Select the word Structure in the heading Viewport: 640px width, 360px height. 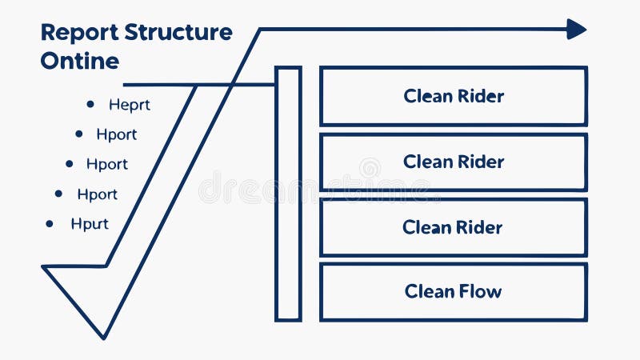[x=178, y=33]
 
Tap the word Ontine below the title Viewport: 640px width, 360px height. [x=79, y=61]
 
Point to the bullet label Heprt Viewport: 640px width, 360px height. [x=130, y=104]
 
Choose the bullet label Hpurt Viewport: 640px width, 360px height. [x=90, y=224]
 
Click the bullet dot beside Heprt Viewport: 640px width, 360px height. [x=90, y=104]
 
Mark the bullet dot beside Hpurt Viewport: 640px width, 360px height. [x=50, y=224]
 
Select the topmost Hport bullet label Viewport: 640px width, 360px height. [x=117, y=134]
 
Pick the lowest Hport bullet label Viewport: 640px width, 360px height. [x=98, y=194]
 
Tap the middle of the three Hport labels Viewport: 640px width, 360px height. [x=107, y=164]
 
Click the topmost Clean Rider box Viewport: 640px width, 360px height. [x=454, y=96]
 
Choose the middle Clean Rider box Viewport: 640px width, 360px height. [x=454, y=162]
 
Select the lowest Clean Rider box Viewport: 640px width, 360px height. [x=454, y=227]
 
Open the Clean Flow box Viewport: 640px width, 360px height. [x=454, y=291]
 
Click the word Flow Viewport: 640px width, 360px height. [x=480, y=291]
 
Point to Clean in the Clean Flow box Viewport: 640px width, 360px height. [x=430, y=291]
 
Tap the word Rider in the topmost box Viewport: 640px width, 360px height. [x=480, y=96]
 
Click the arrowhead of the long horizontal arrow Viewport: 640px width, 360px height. [x=577, y=30]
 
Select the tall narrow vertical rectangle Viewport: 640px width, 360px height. [x=288, y=194]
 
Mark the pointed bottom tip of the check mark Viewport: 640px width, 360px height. [x=103, y=336]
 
